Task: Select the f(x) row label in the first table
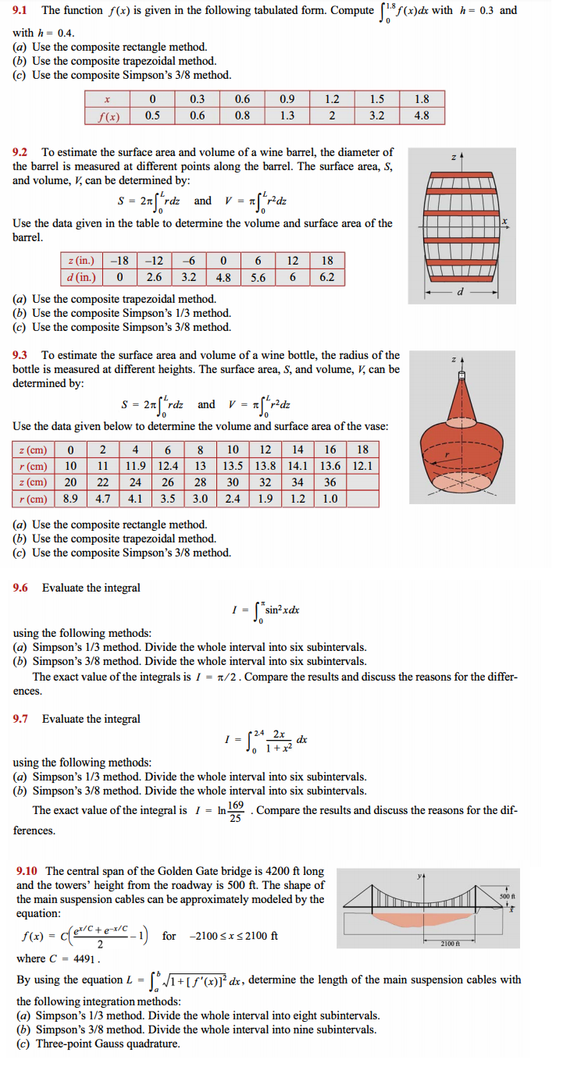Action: (107, 116)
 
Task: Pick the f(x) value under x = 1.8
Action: (421, 116)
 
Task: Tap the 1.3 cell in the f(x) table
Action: (287, 116)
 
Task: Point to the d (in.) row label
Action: (82, 276)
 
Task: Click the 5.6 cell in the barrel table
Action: (258, 276)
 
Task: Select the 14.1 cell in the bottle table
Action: (298, 466)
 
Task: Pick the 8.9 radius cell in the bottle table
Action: (70, 499)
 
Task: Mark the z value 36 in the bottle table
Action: (330, 482)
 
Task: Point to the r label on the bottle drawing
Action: (447, 452)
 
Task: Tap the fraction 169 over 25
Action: (237, 811)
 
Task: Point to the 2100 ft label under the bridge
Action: (471, 944)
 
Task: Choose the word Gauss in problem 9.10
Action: (115, 1044)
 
